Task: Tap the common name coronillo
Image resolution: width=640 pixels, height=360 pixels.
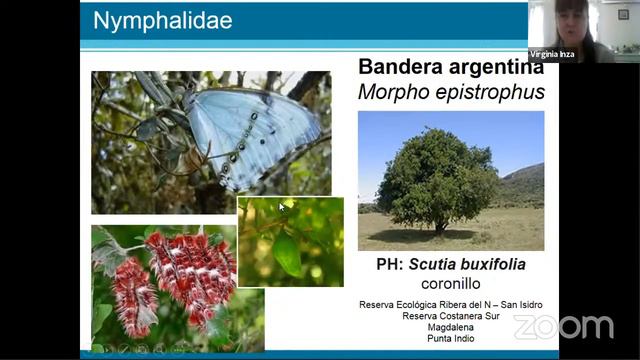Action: tap(451, 283)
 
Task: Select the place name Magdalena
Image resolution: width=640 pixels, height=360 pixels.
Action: tap(451, 327)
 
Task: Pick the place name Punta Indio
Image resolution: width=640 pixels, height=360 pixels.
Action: tap(451, 339)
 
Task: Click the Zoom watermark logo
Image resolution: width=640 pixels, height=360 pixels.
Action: tap(563, 327)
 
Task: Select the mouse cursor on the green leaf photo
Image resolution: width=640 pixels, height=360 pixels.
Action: tap(282, 207)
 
